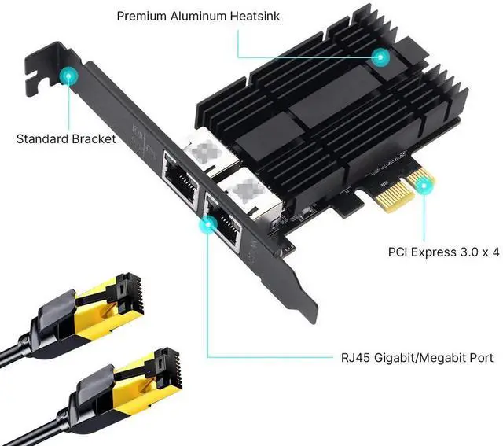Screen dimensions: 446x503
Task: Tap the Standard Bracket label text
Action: pyautogui.click(x=66, y=139)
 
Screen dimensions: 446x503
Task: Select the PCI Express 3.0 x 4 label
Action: pyautogui.click(x=444, y=252)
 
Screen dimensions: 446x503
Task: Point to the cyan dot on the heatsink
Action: pyautogui.click(x=381, y=56)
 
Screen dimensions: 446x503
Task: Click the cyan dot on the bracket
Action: pyautogui.click(x=68, y=76)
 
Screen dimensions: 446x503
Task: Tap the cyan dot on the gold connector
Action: pyautogui.click(x=424, y=186)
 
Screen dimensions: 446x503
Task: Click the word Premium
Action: pyautogui.click(x=141, y=15)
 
